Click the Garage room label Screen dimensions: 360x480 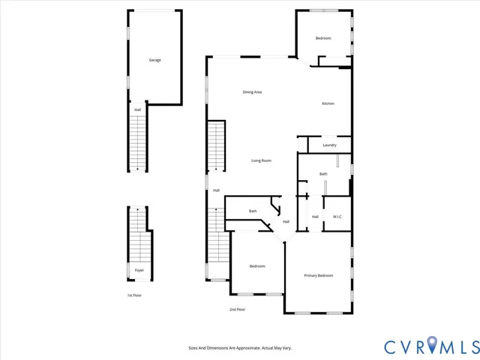coord(154,60)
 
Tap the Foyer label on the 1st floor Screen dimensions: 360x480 coord(139,270)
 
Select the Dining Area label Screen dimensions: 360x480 coord(252,92)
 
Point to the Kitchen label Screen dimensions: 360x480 coord(328,103)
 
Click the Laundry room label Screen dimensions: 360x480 coord(329,145)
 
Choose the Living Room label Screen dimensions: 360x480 coord(261,160)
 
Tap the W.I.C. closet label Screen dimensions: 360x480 coord(337,217)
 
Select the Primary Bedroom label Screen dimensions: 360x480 coord(319,276)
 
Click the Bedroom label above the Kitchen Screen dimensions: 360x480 coord(323,38)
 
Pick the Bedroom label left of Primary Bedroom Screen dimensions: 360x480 coord(256,266)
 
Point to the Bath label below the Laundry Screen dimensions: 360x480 coord(323,174)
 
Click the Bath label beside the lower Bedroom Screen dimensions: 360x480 coord(253,211)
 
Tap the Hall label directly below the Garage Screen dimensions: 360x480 coord(137,110)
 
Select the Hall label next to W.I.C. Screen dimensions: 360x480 coord(315,217)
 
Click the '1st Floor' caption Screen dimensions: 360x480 coord(134,295)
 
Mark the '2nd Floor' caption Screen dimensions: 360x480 coord(237,309)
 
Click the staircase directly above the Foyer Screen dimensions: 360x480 coord(138,232)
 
